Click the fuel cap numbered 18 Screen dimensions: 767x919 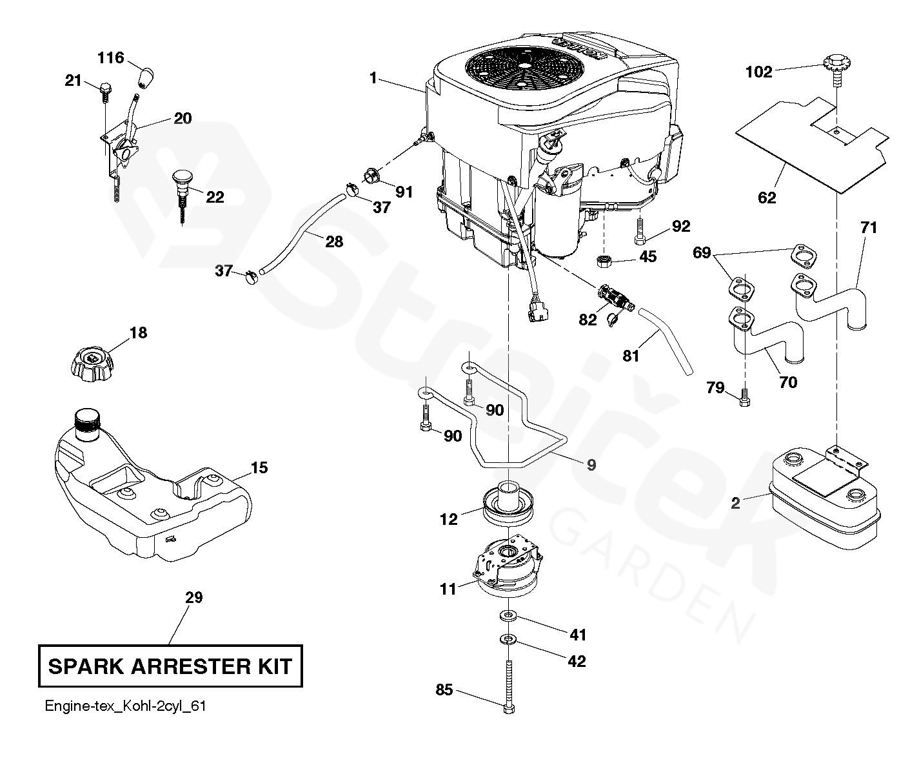[92, 363]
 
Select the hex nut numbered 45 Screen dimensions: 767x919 [604, 261]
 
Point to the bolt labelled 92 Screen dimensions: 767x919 [639, 232]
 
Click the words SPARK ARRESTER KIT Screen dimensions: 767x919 [170, 666]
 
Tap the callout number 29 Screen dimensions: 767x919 [193, 598]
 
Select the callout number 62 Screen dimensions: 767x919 [767, 198]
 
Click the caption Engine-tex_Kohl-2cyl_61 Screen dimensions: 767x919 [125, 706]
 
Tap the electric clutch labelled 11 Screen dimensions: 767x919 [508, 564]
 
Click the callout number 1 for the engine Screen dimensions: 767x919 [373, 78]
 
